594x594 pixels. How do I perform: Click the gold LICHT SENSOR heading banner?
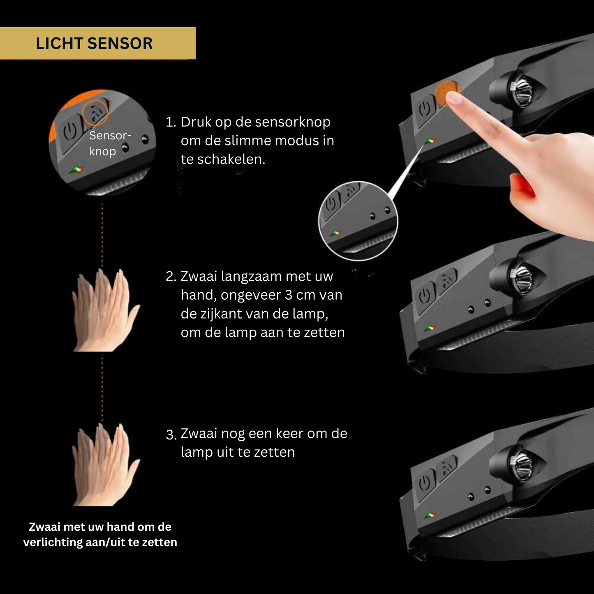(x=97, y=43)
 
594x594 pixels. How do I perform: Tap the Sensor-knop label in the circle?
(x=109, y=143)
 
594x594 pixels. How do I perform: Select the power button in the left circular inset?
(x=70, y=131)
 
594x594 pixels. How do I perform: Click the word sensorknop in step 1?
(x=293, y=122)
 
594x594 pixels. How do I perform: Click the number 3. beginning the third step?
(x=171, y=435)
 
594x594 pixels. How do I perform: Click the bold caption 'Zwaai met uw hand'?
(x=100, y=527)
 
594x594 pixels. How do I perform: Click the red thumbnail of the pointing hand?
(x=521, y=185)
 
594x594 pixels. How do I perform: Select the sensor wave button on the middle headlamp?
(x=447, y=280)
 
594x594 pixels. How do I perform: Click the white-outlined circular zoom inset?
(x=358, y=221)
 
